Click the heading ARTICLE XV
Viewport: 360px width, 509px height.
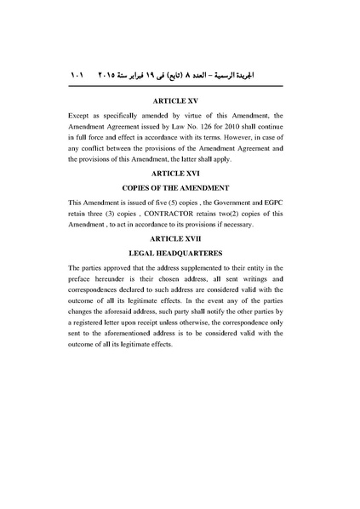tap(180, 100)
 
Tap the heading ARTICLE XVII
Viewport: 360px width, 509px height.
tap(180, 241)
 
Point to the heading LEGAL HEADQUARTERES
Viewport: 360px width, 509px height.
tap(180, 254)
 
